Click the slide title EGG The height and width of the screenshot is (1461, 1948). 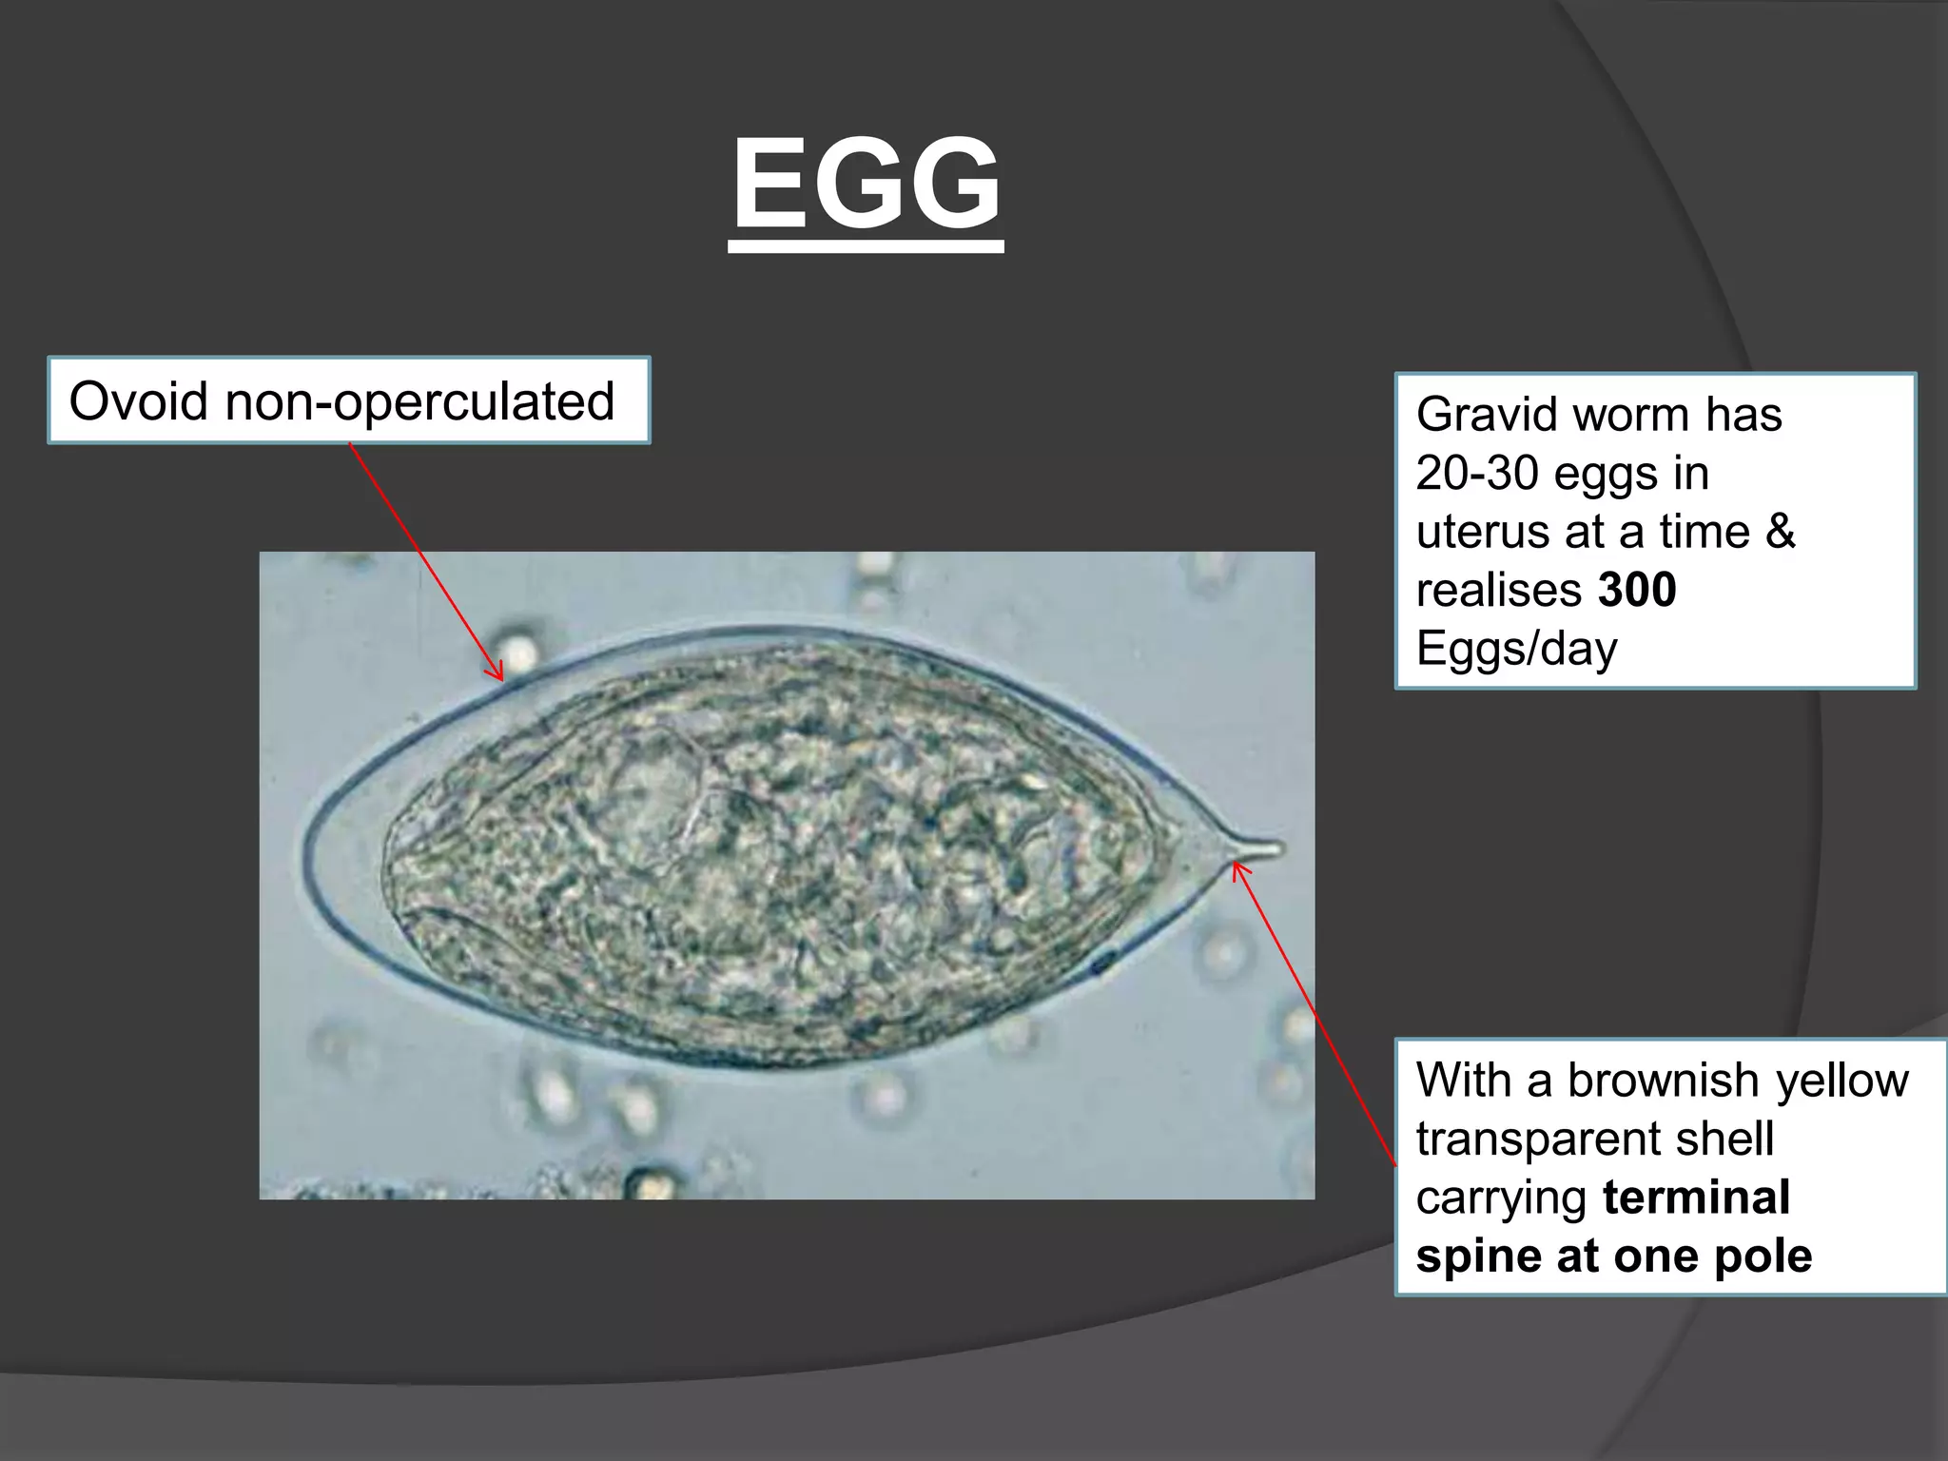pos(866,184)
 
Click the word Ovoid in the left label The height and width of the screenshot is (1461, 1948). pos(138,400)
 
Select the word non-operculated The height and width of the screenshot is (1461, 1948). pos(419,400)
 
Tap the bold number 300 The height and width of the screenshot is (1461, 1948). pos(1636,590)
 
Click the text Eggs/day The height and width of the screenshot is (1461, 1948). pos(1516,649)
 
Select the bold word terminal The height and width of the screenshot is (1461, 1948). pos(1696,1198)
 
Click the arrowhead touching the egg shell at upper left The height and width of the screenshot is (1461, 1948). pos(498,676)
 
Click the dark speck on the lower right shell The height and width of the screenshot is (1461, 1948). pos(1102,964)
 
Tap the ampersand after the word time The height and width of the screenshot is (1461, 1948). pos(1780,532)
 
